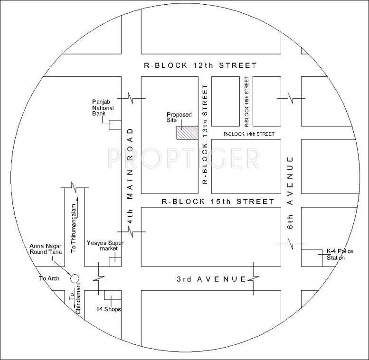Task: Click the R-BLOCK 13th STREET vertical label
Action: coord(205,135)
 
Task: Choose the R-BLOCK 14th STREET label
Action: coord(249,134)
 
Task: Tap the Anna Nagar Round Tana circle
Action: coord(74,278)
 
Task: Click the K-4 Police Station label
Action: coord(335,255)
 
